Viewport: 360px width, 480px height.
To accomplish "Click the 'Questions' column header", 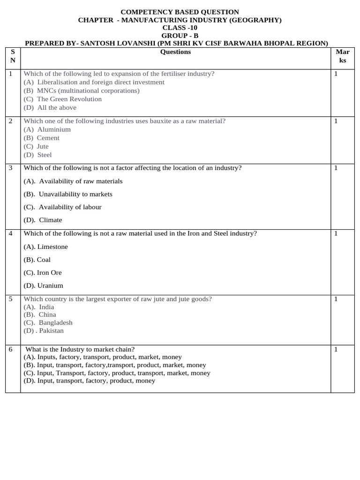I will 175,52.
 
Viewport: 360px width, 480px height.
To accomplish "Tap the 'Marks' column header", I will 342,56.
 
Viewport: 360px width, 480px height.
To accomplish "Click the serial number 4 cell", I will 11,233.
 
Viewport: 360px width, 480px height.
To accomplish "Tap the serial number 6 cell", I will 11,349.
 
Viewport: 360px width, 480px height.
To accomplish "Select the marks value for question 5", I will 336,299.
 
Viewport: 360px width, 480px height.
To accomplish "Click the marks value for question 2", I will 336,121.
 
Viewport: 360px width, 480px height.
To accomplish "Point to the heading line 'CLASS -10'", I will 180,28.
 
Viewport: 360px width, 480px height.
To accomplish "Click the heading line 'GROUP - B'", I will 180,36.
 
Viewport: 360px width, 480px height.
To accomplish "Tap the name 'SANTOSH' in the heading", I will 99,44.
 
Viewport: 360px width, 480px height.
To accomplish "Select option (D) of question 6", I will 89,381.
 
